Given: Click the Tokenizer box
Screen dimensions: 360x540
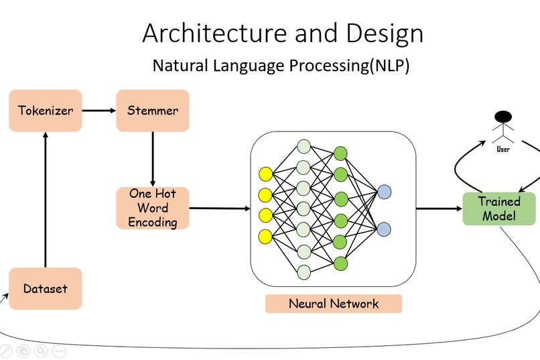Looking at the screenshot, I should point(46,110).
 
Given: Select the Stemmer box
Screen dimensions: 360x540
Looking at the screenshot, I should point(153,110).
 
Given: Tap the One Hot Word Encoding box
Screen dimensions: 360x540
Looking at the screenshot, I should point(153,208).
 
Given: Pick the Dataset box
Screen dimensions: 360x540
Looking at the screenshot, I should point(46,289).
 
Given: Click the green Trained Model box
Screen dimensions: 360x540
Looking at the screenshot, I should point(499,208).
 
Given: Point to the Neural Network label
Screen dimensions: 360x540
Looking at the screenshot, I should point(334,304).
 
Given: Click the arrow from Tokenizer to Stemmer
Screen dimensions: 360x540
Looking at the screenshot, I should point(98,110).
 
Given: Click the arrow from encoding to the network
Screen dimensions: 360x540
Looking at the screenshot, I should point(220,208).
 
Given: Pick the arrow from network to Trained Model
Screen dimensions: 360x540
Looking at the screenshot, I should point(439,208).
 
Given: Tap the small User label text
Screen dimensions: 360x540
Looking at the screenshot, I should point(503,149).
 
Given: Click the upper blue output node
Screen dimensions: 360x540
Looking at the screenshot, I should point(384,192).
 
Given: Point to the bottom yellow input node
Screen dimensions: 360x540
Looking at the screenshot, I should point(265,235).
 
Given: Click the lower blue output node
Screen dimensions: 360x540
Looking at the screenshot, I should point(384,229).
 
